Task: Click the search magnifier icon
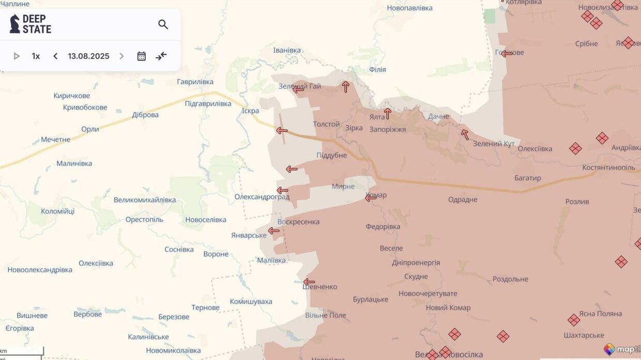[x=163, y=24]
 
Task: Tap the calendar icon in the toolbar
[x=141, y=56]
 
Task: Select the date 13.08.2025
[x=88, y=56]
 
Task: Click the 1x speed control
[x=36, y=56]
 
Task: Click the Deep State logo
[x=30, y=24]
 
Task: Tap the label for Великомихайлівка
[x=145, y=200]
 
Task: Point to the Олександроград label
[x=262, y=197]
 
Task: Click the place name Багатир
[x=527, y=178]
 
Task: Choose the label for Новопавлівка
[x=410, y=8]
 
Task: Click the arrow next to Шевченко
[x=309, y=282]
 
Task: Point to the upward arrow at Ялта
[x=387, y=113]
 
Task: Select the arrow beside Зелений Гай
[x=298, y=89]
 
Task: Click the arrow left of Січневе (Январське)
[x=273, y=231]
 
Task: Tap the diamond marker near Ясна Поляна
[x=573, y=320]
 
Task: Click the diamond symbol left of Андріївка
[x=602, y=138]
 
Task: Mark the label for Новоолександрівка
[x=40, y=270]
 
